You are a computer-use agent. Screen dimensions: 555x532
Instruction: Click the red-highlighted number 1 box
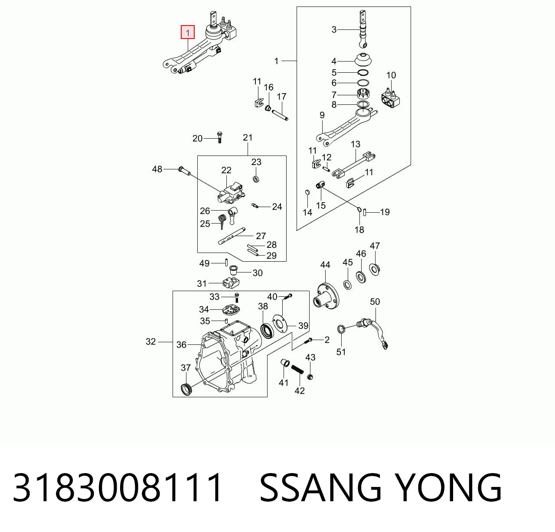coord(188,32)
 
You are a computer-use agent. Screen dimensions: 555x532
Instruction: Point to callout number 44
coord(325,265)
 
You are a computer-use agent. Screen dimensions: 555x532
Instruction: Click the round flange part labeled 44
coord(326,296)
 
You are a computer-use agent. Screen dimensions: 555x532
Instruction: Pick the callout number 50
coord(375,302)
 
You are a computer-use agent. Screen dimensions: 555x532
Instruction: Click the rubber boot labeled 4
coord(363,59)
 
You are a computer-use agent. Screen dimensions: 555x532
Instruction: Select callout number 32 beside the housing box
coord(150,341)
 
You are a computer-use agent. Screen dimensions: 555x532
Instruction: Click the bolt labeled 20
coord(219,137)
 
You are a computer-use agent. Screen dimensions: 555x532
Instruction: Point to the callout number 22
coord(226,170)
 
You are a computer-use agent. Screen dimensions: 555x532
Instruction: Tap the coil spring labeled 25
coord(222,221)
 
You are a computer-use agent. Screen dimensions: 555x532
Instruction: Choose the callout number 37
coord(186,367)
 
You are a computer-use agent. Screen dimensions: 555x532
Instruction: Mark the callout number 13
coord(356,144)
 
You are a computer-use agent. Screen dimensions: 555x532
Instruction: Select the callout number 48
coord(157,169)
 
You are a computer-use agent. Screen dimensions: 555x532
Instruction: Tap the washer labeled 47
coord(375,269)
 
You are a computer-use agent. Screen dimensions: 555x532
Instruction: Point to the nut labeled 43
coord(310,377)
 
